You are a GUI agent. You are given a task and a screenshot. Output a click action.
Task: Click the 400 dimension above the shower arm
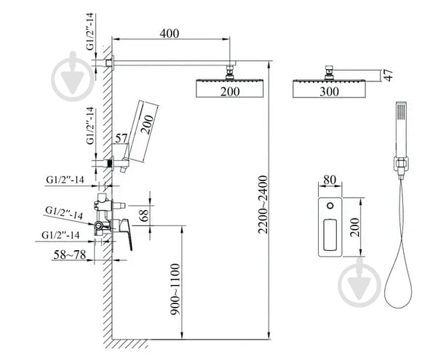[x=170, y=34]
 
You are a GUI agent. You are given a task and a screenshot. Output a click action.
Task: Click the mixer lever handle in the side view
[x=126, y=232]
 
